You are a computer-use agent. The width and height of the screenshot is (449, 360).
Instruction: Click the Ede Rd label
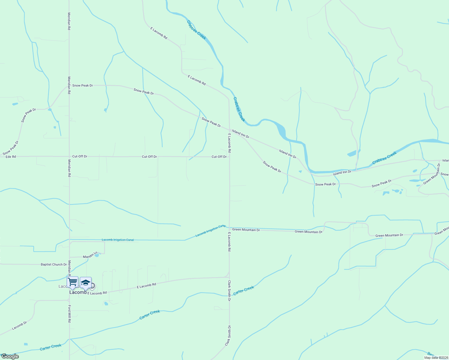[x=11, y=157]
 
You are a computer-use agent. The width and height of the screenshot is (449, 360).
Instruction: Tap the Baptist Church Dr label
[x=54, y=265]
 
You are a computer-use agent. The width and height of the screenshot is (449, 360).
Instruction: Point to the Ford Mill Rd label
[x=69, y=314]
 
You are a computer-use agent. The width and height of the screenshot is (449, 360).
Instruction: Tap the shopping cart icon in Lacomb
[x=72, y=282]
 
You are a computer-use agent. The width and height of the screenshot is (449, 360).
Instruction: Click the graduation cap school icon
[x=86, y=283]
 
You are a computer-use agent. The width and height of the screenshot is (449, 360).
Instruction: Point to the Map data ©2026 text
[x=436, y=358]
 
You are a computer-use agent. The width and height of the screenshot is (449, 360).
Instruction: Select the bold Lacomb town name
[x=78, y=292]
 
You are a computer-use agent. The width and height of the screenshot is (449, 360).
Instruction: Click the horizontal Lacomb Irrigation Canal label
[x=118, y=240]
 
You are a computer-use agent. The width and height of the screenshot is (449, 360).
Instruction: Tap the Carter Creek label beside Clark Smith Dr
[x=244, y=290]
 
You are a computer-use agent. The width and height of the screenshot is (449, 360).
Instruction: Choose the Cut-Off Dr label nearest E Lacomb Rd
[x=219, y=157]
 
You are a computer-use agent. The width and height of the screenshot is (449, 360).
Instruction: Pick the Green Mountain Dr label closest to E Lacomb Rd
[x=246, y=229]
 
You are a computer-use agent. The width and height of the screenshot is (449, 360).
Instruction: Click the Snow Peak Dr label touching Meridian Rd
[x=83, y=85]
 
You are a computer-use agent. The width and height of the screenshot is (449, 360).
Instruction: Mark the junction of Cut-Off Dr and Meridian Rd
[x=69, y=156]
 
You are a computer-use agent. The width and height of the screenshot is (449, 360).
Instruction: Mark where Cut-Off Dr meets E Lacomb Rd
[x=229, y=157]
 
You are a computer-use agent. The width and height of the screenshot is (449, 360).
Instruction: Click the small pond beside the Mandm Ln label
[x=97, y=255]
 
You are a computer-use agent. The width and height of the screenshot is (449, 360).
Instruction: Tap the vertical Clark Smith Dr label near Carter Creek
[x=229, y=289]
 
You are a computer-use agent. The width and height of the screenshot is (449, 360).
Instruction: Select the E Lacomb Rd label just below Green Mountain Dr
[x=229, y=241]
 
